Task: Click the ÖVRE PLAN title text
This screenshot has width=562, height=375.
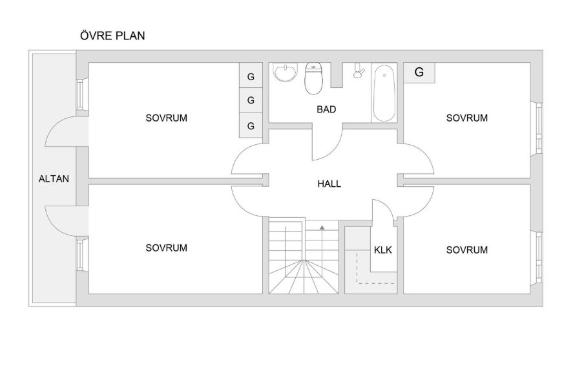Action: click(112, 36)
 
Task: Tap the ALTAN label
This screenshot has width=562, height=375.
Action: click(54, 178)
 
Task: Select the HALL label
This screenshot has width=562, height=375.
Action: click(329, 184)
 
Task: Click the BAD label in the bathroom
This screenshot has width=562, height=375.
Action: click(326, 109)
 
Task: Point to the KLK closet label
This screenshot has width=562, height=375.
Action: click(383, 250)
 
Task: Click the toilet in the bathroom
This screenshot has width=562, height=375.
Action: click(313, 78)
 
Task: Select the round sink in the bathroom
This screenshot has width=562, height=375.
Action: click(286, 72)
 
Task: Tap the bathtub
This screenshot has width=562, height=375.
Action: click(384, 93)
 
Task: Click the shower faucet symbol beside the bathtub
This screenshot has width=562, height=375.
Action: click(359, 70)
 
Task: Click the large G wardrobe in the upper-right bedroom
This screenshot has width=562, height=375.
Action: click(419, 73)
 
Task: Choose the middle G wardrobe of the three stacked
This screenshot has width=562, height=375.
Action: click(251, 100)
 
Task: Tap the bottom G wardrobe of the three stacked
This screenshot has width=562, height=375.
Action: click(251, 125)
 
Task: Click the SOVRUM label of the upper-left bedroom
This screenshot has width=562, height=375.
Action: click(166, 118)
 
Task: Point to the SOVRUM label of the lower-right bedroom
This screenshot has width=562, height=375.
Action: click(466, 250)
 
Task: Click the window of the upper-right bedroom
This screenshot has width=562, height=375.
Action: click(539, 128)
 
